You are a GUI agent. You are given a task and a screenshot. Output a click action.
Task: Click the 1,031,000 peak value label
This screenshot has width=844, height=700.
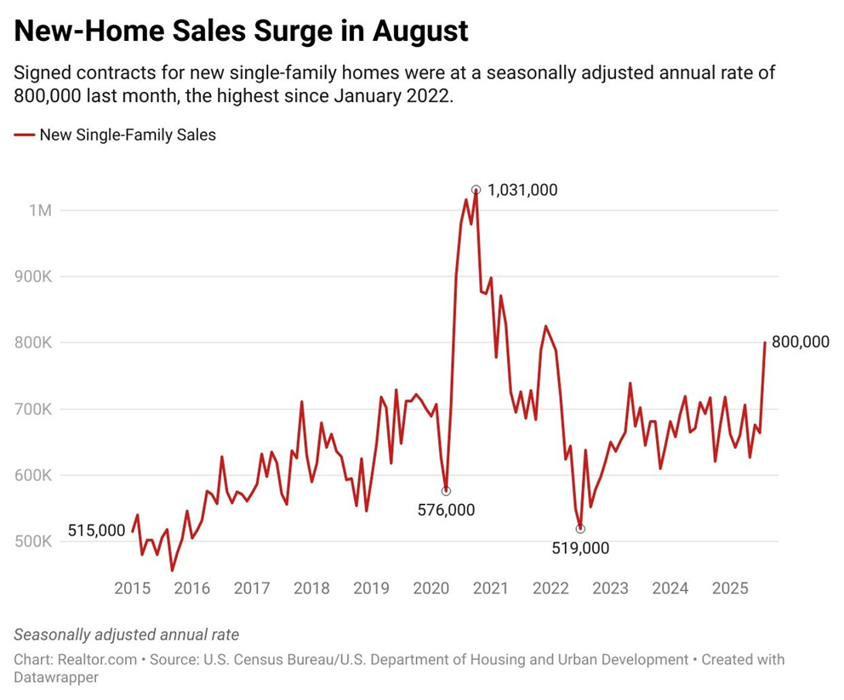(x=522, y=190)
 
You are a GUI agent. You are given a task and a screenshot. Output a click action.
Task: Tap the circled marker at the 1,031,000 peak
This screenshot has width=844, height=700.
(x=476, y=190)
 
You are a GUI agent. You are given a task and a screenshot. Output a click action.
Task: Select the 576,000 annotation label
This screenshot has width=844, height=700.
(x=447, y=510)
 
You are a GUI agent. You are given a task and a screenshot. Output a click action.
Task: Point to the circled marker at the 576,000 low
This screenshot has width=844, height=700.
(x=446, y=491)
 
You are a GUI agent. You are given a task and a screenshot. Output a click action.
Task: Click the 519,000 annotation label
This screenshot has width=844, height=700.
(x=580, y=548)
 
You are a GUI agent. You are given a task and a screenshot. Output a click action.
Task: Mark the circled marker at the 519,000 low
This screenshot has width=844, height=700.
(x=580, y=529)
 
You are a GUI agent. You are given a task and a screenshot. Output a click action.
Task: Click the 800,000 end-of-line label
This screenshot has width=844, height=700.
(x=800, y=342)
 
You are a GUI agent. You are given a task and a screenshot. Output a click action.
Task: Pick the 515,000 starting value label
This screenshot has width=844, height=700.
(x=96, y=530)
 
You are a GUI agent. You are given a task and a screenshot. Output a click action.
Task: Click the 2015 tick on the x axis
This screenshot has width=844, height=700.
(x=133, y=588)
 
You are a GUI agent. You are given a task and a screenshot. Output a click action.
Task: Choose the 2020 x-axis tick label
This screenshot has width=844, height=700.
(x=431, y=588)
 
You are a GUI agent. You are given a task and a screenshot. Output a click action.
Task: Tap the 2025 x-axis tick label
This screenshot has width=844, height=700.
(x=730, y=588)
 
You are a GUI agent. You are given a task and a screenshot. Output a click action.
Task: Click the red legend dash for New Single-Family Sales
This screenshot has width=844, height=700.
(x=25, y=135)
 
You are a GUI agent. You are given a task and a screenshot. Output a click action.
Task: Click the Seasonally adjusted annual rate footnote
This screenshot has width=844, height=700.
(x=127, y=634)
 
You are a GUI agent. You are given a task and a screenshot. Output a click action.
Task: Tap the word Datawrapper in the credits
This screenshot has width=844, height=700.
(x=56, y=678)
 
